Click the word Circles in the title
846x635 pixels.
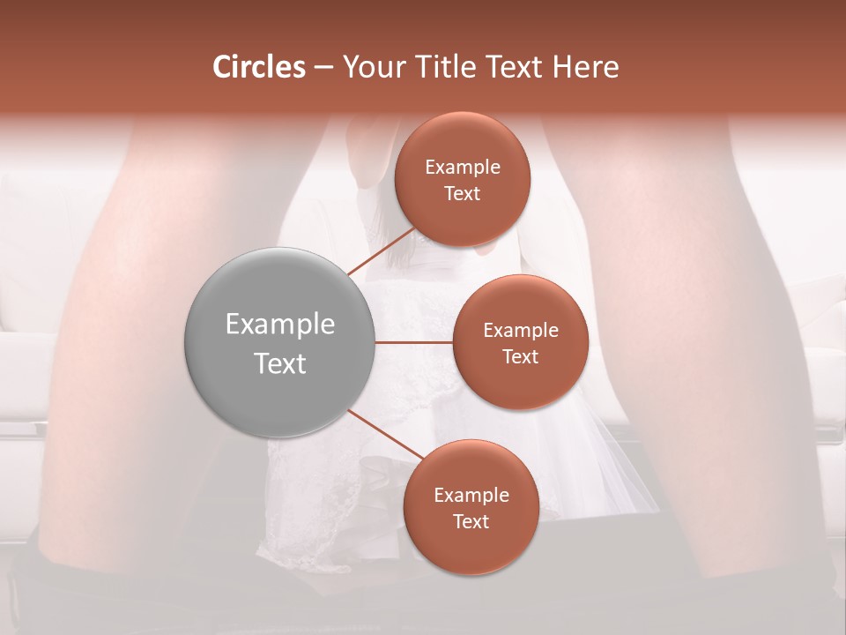[258, 67]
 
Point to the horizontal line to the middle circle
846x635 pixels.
[414, 342]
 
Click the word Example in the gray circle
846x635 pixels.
[280, 325]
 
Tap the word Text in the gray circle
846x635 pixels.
[280, 363]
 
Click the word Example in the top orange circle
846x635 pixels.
[463, 168]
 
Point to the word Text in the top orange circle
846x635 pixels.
[462, 193]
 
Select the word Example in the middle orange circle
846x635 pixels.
[521, 331]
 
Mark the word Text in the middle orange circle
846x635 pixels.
[520, 356]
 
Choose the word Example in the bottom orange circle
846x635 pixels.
[471, 496]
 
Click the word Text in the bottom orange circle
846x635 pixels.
[471, 521]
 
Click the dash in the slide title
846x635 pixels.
[323, 68]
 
